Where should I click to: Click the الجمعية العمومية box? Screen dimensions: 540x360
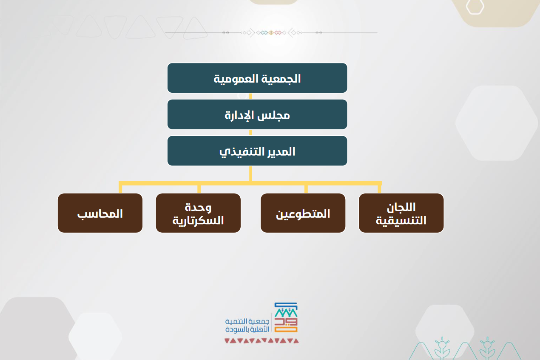tap(257, 78)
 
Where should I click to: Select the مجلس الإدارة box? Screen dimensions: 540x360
tap(257, 114)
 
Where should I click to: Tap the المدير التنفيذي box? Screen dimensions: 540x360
tap(257, 151)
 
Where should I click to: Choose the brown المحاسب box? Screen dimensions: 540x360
tap(100, 213)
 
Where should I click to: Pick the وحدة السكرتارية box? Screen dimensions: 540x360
tap(198, 213)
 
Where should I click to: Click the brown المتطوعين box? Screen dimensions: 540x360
tap(303, 213)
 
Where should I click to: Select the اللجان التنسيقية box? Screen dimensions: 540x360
tap(401, 213)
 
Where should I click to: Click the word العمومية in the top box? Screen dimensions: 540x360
tap(236, 79)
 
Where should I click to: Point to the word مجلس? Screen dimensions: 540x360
tap(273, 115)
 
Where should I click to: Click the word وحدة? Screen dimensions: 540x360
tap(198, 208)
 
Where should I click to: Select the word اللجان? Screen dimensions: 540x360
tap(401, 208)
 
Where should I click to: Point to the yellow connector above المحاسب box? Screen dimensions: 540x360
tap(120, 187)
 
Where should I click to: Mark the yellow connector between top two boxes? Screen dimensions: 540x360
tap(250, 96)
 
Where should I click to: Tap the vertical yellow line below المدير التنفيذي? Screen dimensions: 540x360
tap(250, 174)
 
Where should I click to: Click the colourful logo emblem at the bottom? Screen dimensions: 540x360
tap(286, 317)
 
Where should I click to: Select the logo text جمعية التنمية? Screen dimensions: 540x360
tap(247, 321)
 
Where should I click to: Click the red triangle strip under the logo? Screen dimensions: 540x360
tap(261, 341)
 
